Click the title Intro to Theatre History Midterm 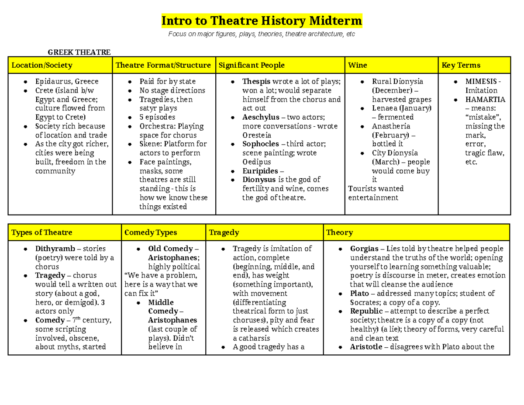click(262, 21)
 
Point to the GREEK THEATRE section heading click(79, 52)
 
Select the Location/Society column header click(42, 66)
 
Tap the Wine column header click(357, 66)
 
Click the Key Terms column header click(461, 66)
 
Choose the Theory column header click(339, 232)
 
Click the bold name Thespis click(256, 81)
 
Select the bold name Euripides click(260, 171)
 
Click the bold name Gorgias click(365, 249)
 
